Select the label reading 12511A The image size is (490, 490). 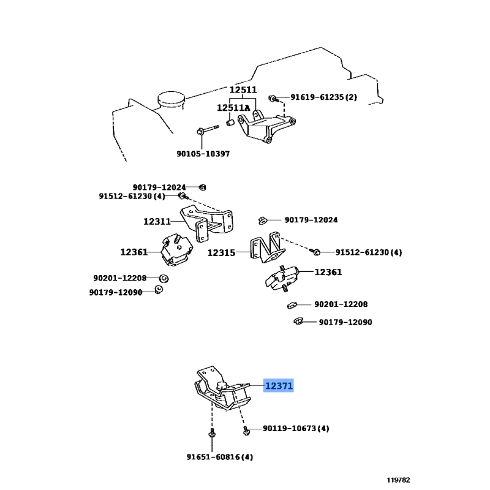click(233, 108)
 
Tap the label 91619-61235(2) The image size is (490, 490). click(323, 97)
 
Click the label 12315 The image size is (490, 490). click(221, 252)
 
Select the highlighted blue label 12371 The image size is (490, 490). click(279, 386)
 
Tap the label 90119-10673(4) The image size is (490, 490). click(295, 429)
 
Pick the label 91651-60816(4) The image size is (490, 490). click(220, 457)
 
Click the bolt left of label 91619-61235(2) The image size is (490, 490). click(274, 97)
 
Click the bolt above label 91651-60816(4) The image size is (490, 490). click(212, 435)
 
